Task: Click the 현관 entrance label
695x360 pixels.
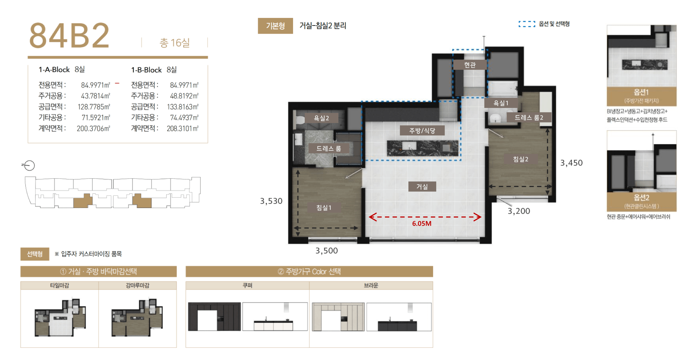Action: tap(470, 65)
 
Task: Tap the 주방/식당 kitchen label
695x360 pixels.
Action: tap(422, 131)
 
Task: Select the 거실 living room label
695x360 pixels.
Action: tap(422, 187)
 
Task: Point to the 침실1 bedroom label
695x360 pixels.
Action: tap(324, 208)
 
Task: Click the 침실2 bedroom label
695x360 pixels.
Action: tap(521, 159)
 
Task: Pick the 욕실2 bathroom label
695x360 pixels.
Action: tap(321, 118)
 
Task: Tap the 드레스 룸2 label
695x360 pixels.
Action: tap(529, 117)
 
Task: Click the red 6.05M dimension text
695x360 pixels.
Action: tap(422, 223)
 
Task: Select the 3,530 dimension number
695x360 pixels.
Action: tap(271, 201)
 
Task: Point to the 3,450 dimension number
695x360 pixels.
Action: tap(571, 163)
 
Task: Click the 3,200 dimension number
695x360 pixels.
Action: tap(519, 211)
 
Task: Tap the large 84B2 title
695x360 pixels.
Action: tap(69, 36)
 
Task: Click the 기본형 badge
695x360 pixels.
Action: tap(275, 26)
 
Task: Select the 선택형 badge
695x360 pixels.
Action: tap(35, 254)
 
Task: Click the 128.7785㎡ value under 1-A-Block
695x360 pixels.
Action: tap(94, 107)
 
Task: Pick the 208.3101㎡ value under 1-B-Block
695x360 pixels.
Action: tap(183, 129)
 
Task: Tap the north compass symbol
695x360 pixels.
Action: tap(29, 165)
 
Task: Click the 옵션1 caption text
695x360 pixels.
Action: tap(641, 92)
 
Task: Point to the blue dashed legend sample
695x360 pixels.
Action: tap(527, 24)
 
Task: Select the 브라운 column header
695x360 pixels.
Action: tap(371, 285)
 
